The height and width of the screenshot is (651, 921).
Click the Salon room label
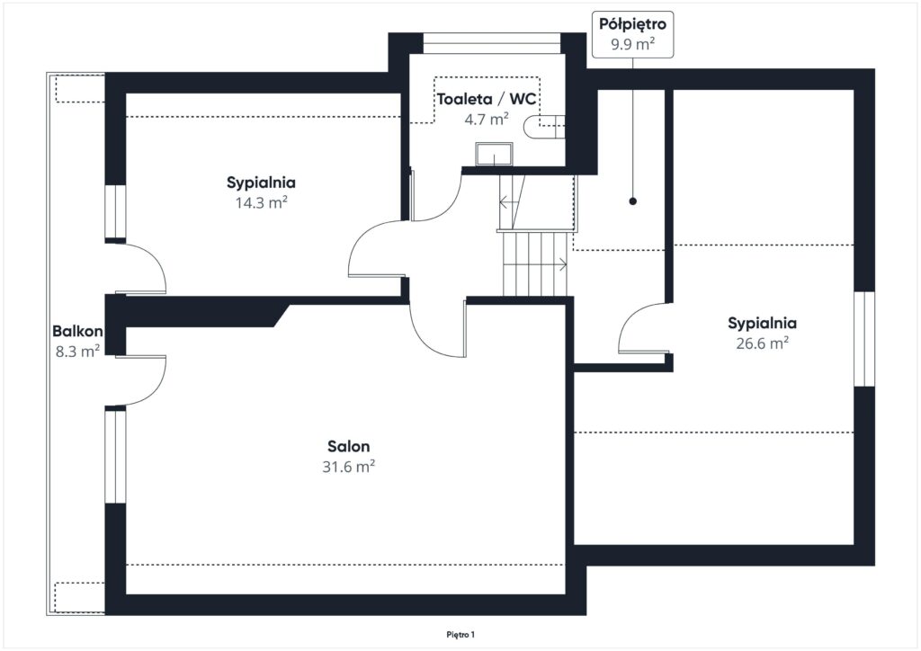click(348, 446)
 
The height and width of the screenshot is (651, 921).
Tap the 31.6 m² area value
click(348, 467)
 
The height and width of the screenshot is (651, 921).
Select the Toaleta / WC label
click(487, 99)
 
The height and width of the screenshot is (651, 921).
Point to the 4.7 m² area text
click(487, 120)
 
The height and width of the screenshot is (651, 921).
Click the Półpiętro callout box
click(632, 34)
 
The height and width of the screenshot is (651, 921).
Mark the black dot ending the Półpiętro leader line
click(632, 201)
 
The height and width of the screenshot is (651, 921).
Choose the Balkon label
click(77, 331)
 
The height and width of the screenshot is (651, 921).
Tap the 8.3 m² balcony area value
click(77, 351)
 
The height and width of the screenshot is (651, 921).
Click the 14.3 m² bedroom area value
click(262, 202)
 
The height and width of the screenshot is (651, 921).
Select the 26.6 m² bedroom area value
click(763, 343)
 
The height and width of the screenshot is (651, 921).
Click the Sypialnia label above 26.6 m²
click(763, 324)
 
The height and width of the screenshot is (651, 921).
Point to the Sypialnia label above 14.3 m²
click(262, 183)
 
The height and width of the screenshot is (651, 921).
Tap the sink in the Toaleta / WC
click(494, 154)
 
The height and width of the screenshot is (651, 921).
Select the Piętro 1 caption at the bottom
click(460, 635)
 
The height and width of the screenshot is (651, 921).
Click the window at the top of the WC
click(492, 43)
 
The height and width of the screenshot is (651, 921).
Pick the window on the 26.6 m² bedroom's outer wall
click(864, 339)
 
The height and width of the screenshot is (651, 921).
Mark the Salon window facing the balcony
click(116, 456)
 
